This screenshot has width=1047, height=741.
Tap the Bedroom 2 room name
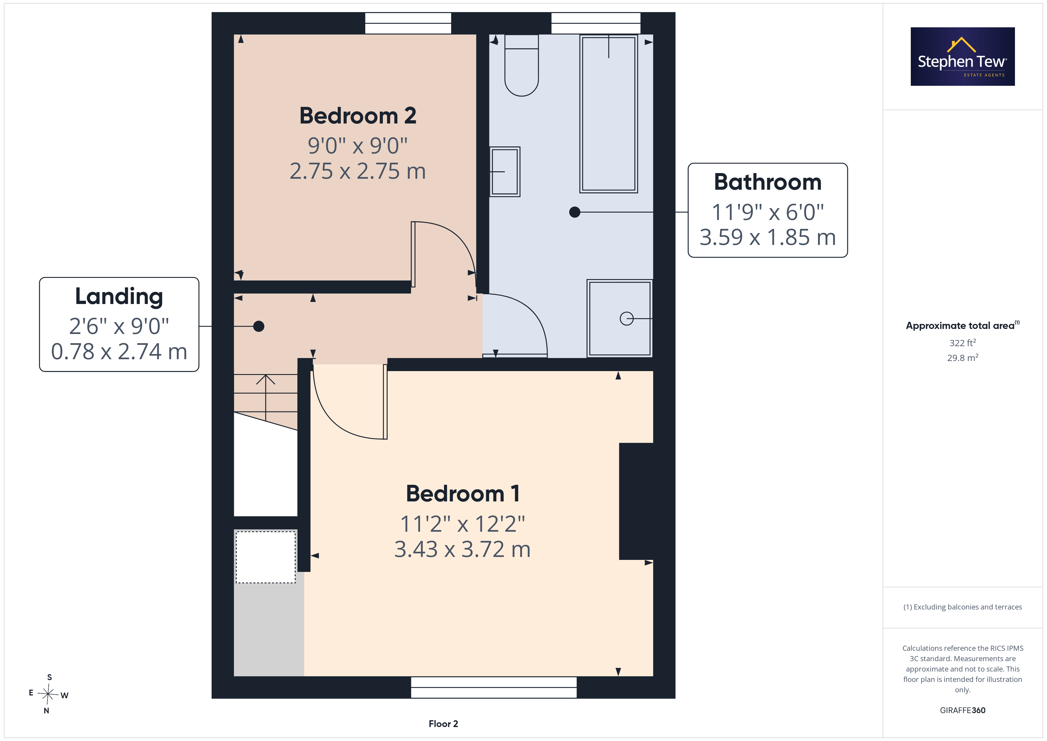coord(358,116)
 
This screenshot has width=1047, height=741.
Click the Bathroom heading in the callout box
coord(768,182)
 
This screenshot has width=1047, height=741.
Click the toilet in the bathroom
coord(522,65)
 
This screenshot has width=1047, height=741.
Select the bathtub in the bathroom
coord(609,114)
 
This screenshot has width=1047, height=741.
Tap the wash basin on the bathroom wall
coord(505,172)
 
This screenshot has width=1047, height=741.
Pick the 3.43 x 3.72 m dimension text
coord(462,549)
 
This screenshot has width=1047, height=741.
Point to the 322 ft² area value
coord(963,343)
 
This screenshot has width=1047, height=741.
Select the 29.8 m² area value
coord(963,358)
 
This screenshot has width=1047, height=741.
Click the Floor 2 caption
coord(443,724)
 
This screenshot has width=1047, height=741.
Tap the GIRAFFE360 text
coord(963,710)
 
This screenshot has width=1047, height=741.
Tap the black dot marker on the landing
coord(258,326)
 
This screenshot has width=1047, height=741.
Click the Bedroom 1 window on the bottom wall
coord(494,687)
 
